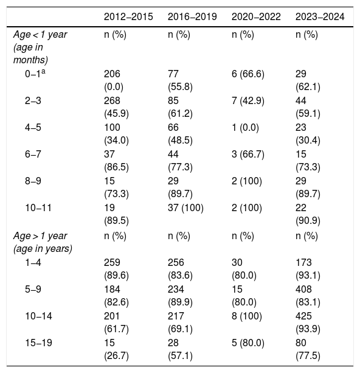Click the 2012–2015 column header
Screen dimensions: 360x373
coord(128,17)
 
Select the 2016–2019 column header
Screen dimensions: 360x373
coord(192,17)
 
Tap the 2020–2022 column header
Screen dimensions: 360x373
coord(256,17)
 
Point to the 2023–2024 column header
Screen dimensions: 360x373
coord(320,17)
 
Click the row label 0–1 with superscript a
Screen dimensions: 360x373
coord(35,74)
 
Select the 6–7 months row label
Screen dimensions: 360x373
coord(33,154)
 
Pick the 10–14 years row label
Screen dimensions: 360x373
coord(38,316)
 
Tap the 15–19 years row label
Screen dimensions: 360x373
coord(38,343)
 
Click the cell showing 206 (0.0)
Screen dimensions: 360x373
coord(114,80)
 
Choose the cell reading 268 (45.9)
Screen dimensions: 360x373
coord(116,107)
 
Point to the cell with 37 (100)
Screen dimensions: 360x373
coord(185,208)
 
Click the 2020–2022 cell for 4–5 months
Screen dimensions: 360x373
coord(245,128)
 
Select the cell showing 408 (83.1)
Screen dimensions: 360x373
coord(308,296)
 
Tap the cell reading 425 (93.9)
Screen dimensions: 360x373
coord(308,322)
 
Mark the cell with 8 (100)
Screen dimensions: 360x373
coord(247,316)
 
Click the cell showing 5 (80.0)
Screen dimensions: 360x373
coord(248,343)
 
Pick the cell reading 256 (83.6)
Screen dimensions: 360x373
coord(180,269)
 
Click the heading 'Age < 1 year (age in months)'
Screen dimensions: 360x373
coord(40,47)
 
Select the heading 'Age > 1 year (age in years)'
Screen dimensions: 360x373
coord(43,242)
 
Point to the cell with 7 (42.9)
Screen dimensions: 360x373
coord(248,100)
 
